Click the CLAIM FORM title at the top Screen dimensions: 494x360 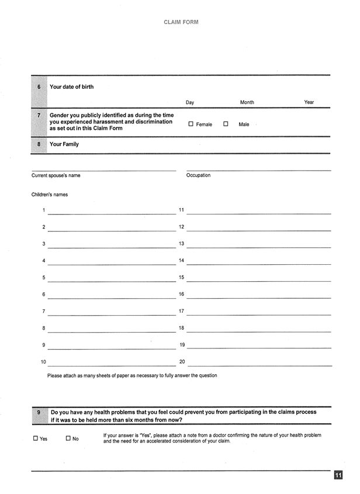(x=181, y=22)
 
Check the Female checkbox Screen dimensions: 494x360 (x=191, y=124)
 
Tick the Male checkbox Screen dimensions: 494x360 (x=226, y=124)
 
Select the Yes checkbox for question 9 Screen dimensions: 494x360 (x=36, y=438)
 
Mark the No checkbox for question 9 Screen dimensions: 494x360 (x=68, y=438)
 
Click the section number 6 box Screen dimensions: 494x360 (x=39, y=87)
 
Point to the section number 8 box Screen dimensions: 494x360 (x=39, y=144)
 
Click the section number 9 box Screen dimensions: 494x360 (x=39, y=412)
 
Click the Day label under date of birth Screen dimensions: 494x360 (x=190, y=102)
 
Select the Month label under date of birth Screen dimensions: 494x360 (x=247, y=102)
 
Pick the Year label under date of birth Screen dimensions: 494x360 (x=309, y=102)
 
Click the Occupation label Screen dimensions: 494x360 (x=198, y=175)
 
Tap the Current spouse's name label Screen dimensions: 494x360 (x=56, y=175)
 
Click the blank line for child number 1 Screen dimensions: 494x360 (x=111, y=213)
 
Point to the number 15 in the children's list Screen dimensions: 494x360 (x=181, y=278)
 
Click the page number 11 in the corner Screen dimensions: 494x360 (x=338, y=476)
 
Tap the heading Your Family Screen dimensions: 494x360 (x=64, y=144)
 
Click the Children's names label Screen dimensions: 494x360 (x=50, y=195)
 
